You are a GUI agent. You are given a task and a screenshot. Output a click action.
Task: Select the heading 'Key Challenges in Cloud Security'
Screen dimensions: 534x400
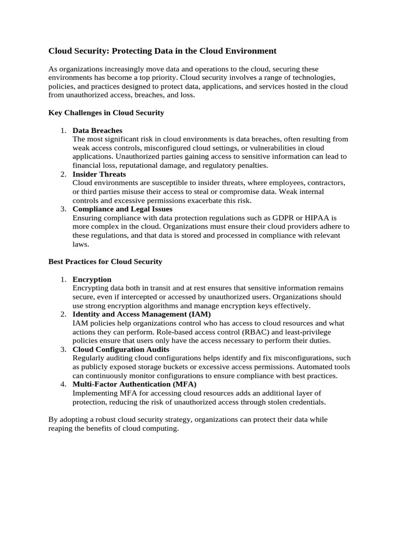tap(106, 113)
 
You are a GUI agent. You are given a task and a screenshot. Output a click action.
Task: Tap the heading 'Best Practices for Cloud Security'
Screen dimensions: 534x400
tap(105, 261)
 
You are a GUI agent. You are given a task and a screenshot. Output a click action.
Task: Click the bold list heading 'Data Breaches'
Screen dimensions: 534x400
tap(97, 130)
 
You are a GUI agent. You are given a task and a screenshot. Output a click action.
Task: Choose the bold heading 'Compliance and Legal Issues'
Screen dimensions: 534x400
tap(122, 209)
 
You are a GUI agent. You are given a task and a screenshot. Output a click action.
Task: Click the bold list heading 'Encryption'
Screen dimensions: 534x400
tap(92, 280)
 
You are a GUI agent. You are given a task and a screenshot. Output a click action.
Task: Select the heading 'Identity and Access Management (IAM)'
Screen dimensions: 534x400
tap(142, 314)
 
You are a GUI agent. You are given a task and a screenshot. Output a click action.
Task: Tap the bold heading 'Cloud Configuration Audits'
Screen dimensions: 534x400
tap(121, 349)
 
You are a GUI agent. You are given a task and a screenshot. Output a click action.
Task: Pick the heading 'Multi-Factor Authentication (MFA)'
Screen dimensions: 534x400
tap(134, 384)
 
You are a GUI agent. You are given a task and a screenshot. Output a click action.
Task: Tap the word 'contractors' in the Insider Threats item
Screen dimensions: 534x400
tap(326, 183)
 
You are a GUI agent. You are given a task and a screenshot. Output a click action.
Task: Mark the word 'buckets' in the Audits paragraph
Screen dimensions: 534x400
tap(169, 367)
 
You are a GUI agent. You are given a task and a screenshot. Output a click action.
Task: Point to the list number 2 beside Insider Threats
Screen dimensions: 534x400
tap(63, 174)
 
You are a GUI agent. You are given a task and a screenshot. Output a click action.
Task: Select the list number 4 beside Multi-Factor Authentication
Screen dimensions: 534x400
tap(63, 384)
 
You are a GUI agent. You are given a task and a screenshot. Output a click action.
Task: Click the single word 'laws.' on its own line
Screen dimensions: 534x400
tap(81, 244)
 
